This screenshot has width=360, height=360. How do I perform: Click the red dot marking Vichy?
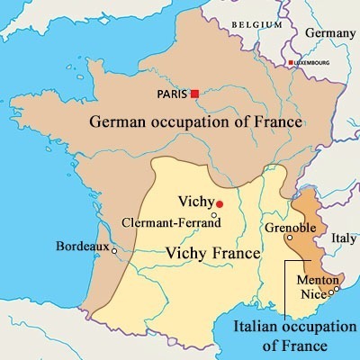[219, 204]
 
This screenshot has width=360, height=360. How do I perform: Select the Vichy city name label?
[196, 203]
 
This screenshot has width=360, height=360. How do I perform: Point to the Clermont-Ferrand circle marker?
[213, 216]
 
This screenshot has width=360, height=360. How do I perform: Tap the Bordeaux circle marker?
[113, 251]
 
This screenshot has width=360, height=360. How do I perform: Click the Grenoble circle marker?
[288, 238]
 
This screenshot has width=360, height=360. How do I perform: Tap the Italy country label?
[345, 238]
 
